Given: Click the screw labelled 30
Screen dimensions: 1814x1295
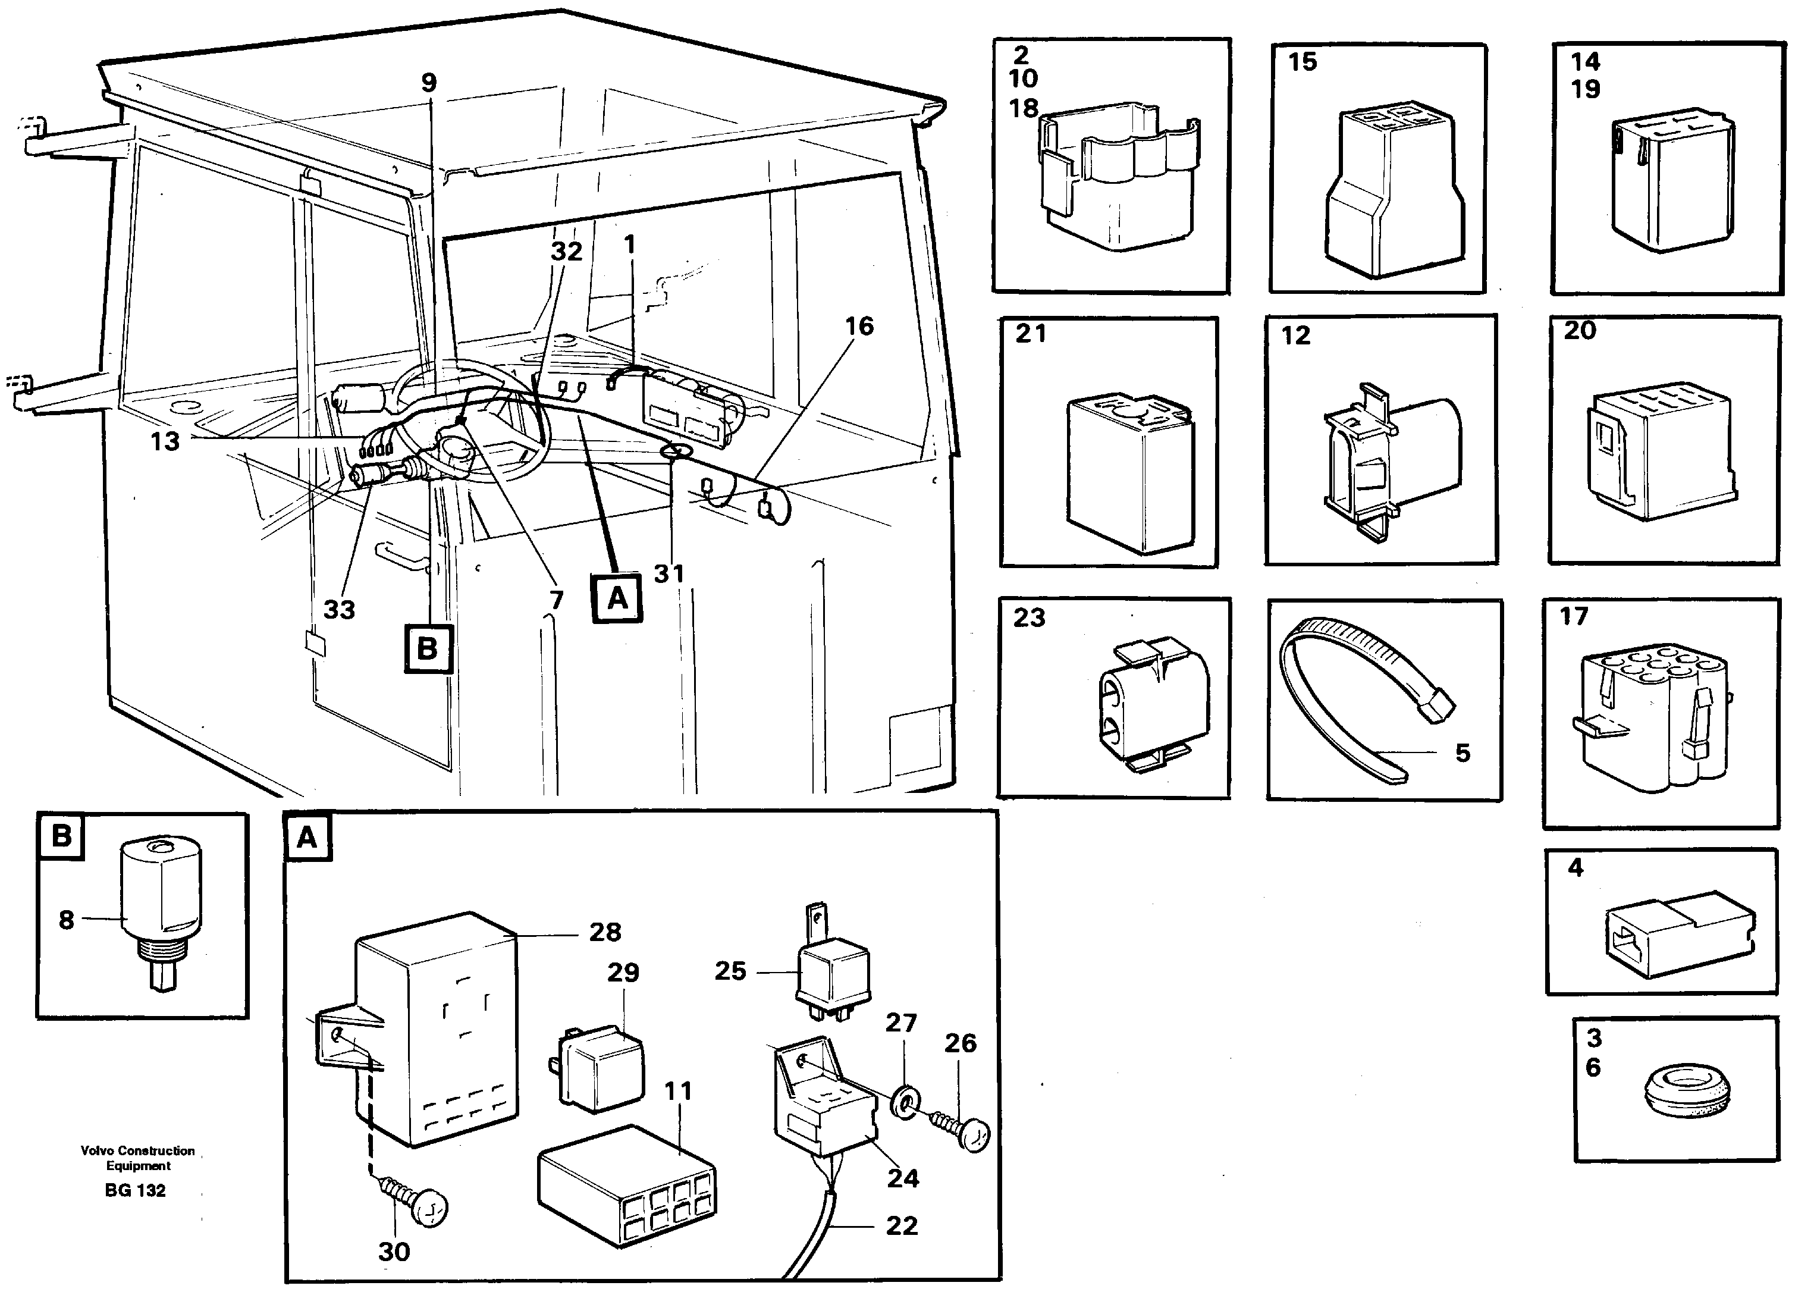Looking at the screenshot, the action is pyautogui.click(x=415, y=1203).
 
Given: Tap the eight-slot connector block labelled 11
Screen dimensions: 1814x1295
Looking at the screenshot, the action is pyautogui.click(x=627, y=1186).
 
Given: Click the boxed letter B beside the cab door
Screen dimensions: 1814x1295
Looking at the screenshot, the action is pyautogui.click(x=428, y=649).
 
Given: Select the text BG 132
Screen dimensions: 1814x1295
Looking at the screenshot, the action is pyautogui.click(x=135, y=1190).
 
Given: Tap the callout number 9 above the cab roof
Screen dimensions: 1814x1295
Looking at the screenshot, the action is pyautogui.click(x=429, y=82).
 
